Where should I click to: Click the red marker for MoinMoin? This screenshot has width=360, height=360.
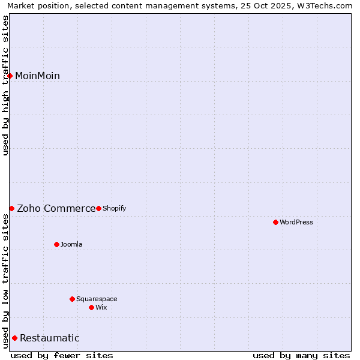coord(10,76)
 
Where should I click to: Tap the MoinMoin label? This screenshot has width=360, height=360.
coord(37,76)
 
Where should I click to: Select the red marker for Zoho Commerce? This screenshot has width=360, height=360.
coord(11,208)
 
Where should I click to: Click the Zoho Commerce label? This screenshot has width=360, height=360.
coord(56,208)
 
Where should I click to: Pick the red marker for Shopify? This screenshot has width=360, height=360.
coord(98,208)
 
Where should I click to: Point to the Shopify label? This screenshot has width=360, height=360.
coord(114,208)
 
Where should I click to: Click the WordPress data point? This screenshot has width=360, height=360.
coord(275,222)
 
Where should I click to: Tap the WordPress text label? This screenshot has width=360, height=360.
coord(296,222)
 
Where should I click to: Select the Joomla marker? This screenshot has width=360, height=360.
coord(56,244)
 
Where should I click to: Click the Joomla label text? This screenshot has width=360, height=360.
coord(71,244)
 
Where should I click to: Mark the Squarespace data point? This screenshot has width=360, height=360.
coord(72,299)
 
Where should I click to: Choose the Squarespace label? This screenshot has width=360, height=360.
coord(97,299)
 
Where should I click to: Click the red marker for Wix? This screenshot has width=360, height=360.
coord(91,307)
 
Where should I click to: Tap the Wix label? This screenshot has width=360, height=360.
coord(101,307)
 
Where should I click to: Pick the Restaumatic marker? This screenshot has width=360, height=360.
coord(14,338)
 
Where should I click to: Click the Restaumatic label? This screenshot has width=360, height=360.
coord(49,338)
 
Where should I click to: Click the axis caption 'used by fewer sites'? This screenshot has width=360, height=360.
coord(62,355)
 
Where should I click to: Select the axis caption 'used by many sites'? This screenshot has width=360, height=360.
coord(301,355)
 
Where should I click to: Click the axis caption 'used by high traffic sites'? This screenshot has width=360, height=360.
coord(6,85)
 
